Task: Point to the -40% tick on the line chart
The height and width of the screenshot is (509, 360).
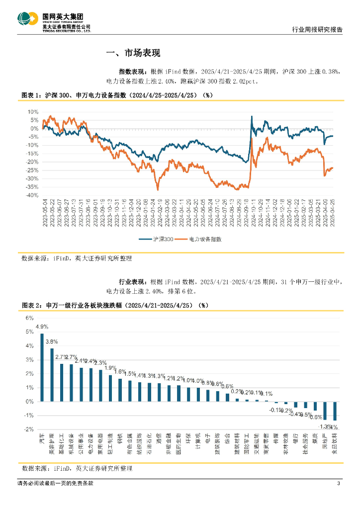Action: (x=31, y=195)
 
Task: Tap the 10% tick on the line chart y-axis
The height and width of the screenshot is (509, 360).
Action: (x=32, y=111)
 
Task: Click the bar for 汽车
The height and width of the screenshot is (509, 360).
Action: (x=42, y=367)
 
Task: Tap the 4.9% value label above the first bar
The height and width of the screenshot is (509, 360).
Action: (x=42, y=327)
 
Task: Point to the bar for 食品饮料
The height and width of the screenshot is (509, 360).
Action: (x=335, y=411)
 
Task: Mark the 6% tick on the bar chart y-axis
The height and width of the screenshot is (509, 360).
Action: (x=29, y=318)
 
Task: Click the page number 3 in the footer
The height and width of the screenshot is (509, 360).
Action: (x=338, y=484)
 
